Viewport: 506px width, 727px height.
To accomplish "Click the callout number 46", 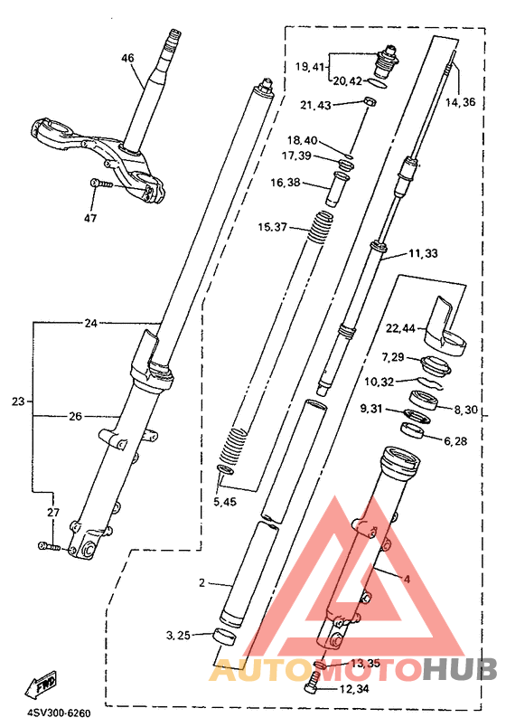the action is [x=127, y=58].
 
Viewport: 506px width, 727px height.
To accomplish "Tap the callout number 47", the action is [x=90, y=217].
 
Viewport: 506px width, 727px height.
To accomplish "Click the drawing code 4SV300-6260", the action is [x=59, y=713].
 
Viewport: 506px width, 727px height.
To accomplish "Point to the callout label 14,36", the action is [x=461, y=101].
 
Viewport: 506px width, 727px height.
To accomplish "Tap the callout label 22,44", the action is [x=401, y=328].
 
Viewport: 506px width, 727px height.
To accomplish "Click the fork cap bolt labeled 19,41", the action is [x=387, y=61].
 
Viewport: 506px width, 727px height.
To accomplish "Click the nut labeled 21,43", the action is [x=369, y=100].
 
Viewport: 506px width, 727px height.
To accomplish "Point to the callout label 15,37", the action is [x=273, y=227].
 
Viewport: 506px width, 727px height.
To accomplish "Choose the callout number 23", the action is [x=18, y=401].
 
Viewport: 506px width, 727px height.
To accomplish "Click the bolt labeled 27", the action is [x=49, y=547].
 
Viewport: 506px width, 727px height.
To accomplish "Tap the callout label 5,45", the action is [x=225, y=501].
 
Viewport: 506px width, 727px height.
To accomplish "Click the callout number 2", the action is [x=201, y=582].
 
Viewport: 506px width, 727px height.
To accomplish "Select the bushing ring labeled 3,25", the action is [x=224, y=637].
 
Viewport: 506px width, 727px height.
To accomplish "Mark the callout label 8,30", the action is [x=465, y=410].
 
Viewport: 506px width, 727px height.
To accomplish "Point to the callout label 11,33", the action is [x=423, y=253].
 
